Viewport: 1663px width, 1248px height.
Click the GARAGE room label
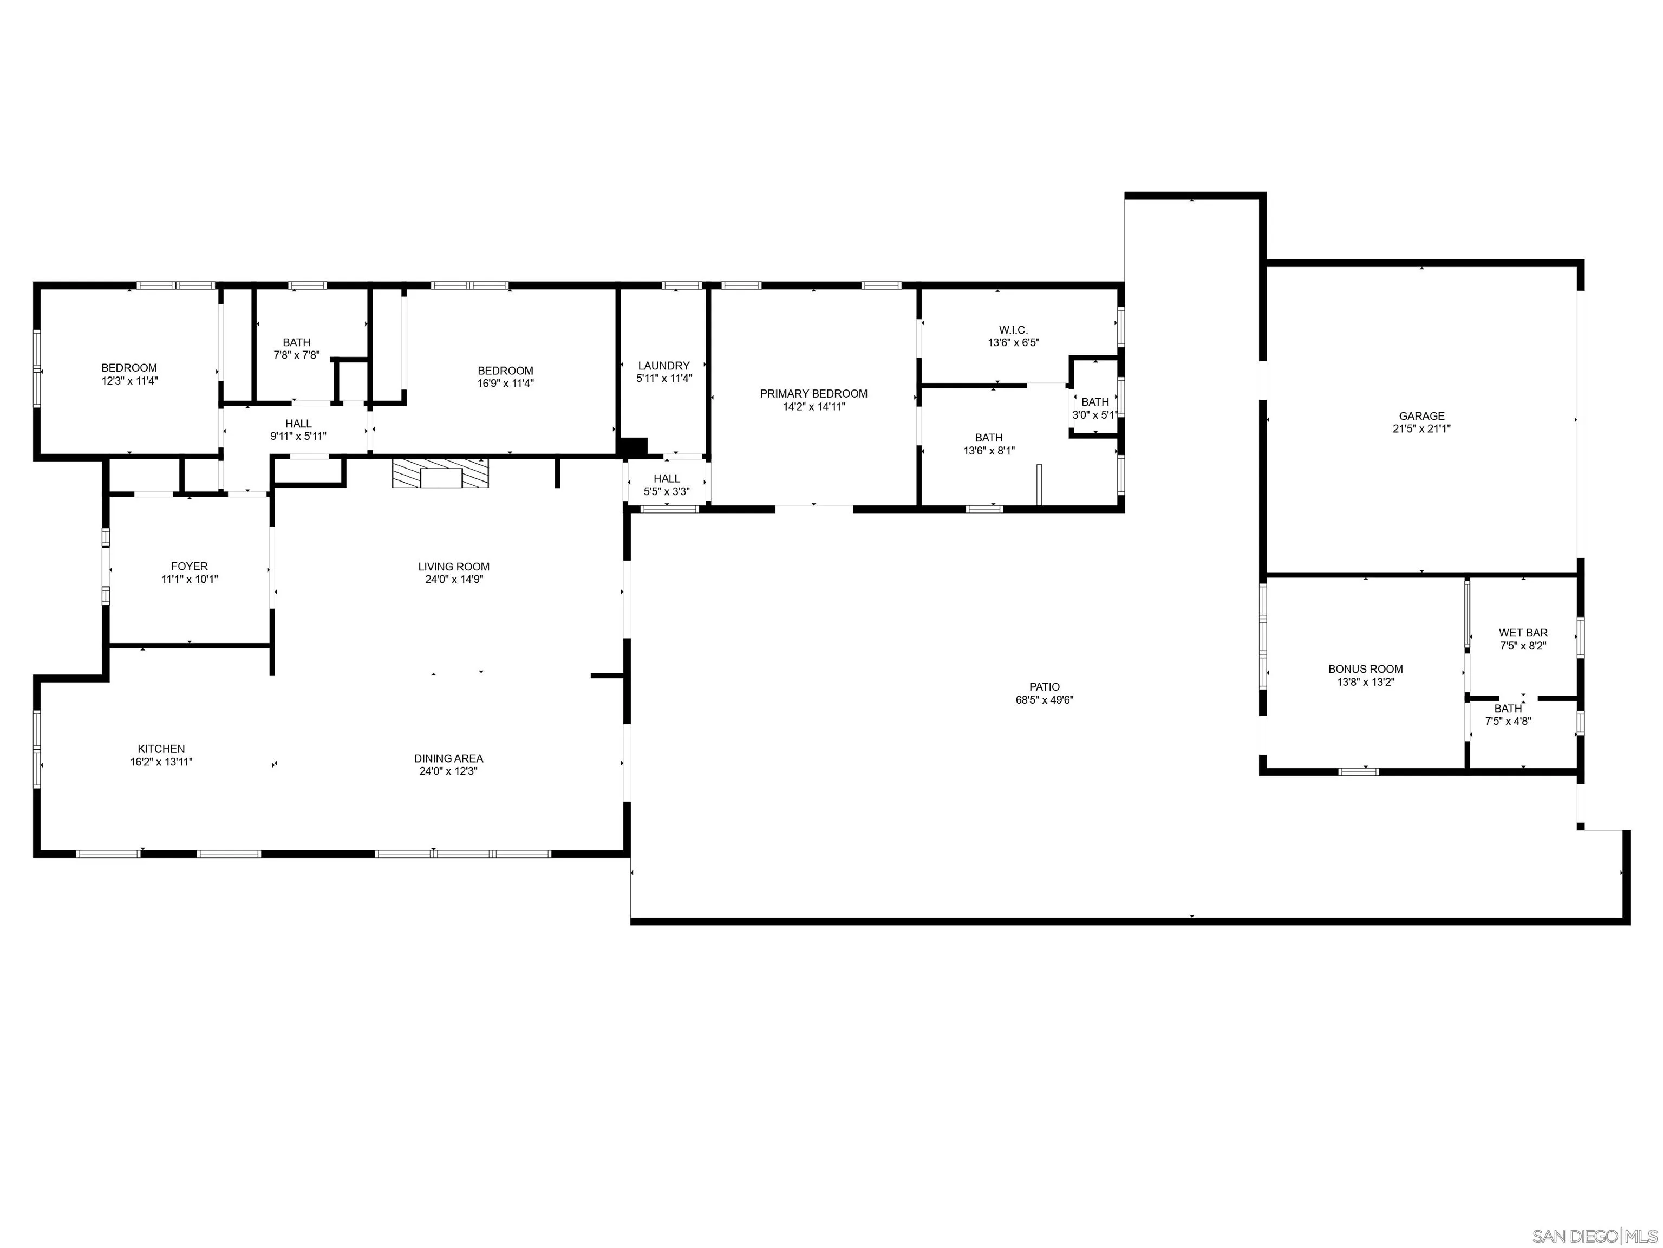click(x=1421, y=416)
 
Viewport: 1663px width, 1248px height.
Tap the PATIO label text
click(x=1044, y=686)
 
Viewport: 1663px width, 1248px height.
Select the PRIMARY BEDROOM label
click(x=813, y=393)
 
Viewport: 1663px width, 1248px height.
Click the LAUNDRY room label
click(x=663, y=366)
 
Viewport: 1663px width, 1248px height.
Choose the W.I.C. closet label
click(x=1013, y=330)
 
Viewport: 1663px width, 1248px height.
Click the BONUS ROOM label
click(x=1365, y=669)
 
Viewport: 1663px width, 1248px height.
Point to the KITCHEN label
click(x=161, y=749)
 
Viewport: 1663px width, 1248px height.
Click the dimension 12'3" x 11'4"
click(x=129, y=380)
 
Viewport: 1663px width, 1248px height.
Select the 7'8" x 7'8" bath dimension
click(x=296, y=355)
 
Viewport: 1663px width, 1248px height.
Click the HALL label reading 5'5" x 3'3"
click(x=666, y=485)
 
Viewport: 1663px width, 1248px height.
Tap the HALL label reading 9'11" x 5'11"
click(x=298, y=430)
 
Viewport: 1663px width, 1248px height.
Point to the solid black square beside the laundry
click(x=632, y=446)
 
